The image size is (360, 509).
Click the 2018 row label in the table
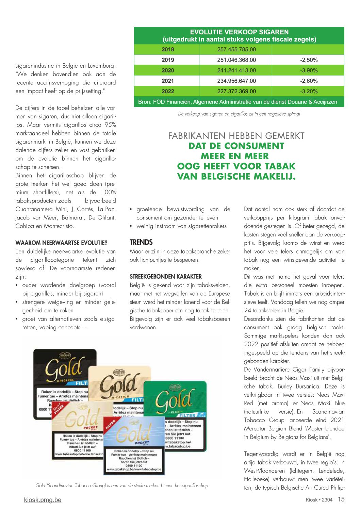(167, 49)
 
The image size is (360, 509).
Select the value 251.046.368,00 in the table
(236, 60)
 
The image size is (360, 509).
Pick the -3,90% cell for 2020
(308, 70)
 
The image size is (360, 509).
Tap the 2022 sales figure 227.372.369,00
(236, 92)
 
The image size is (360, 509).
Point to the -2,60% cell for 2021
(308, 81)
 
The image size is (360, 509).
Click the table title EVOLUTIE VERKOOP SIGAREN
(239, 32)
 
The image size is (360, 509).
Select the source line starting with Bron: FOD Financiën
(238, 102)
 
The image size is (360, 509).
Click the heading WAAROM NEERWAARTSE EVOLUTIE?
(61, 243)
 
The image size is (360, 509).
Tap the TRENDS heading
(141, 242)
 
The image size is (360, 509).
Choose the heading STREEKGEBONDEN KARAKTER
(165, 277)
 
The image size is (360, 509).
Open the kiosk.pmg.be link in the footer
(43, 500)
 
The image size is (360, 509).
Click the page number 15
(341, 499)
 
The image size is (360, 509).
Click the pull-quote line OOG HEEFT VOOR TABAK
(236, 166)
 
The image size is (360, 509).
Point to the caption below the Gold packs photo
(121, 486)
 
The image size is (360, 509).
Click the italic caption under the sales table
(239, 114)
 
